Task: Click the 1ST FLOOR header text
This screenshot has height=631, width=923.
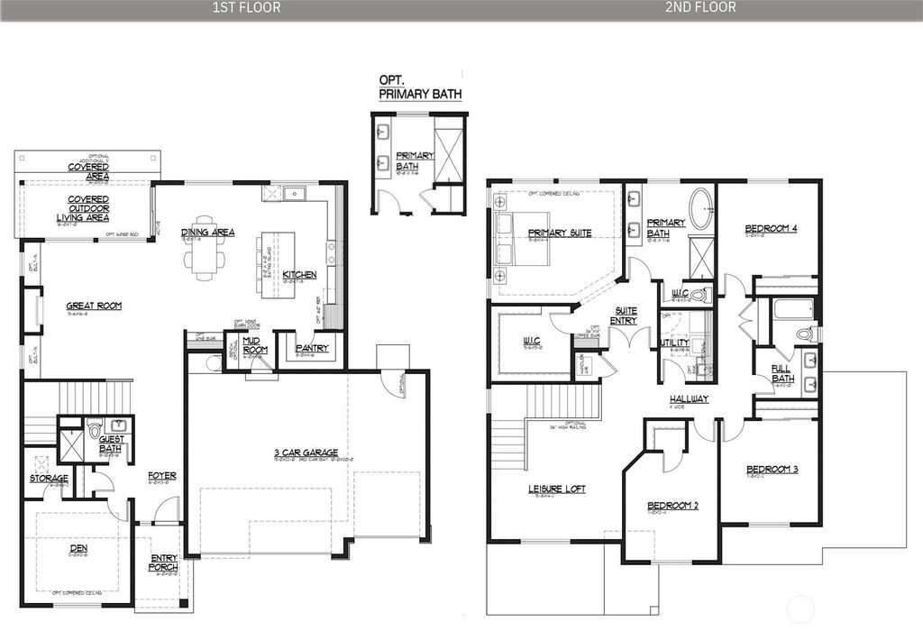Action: pyautogui.click(x=246, y=8)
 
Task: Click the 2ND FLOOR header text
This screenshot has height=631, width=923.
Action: pyautogui.click(x=700, y=8)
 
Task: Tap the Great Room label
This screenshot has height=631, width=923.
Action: pyautogui.click(x=94, y=306)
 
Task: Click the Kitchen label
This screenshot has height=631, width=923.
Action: pyautogui.click(x=299, y=274)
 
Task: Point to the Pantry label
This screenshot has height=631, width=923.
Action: pyautogui.click(x=312, y=348)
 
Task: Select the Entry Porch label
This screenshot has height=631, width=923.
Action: pyautogui.click(x=164, y=562)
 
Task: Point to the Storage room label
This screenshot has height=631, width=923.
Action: pyautogui.click(x=48, y=478)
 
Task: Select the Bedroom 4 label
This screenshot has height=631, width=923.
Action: pyautogui.click(x=771, y=229)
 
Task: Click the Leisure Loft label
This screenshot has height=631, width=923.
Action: pyautogui.click(x=556, y=489)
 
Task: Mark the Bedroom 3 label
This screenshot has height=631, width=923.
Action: pyautogui.click(x=772, y=470)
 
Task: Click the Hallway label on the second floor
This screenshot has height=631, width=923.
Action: pyautogui.click(x=689, y=398)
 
